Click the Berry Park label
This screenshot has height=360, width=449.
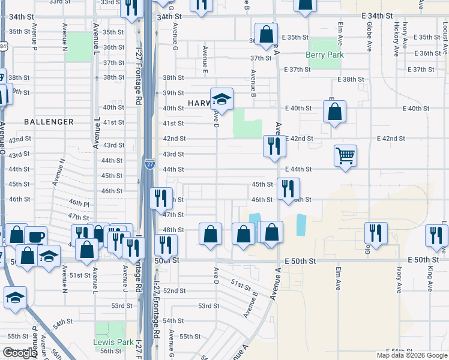pos(324,55)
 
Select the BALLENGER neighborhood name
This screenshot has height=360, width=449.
pos(49,122)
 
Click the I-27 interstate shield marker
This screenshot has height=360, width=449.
pos(149,163)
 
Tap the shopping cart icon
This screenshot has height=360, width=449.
pos(346,156)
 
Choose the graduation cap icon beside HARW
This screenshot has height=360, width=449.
pos(221,99)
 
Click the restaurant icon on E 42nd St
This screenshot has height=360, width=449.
pos(274,146)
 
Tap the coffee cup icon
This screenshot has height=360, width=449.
pos(36,236)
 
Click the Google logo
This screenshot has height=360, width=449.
pos(20,353)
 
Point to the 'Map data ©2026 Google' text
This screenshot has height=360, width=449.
pos(411,355)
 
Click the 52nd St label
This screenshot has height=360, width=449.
pos(174,291)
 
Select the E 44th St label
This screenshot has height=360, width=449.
pos(298,169)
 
